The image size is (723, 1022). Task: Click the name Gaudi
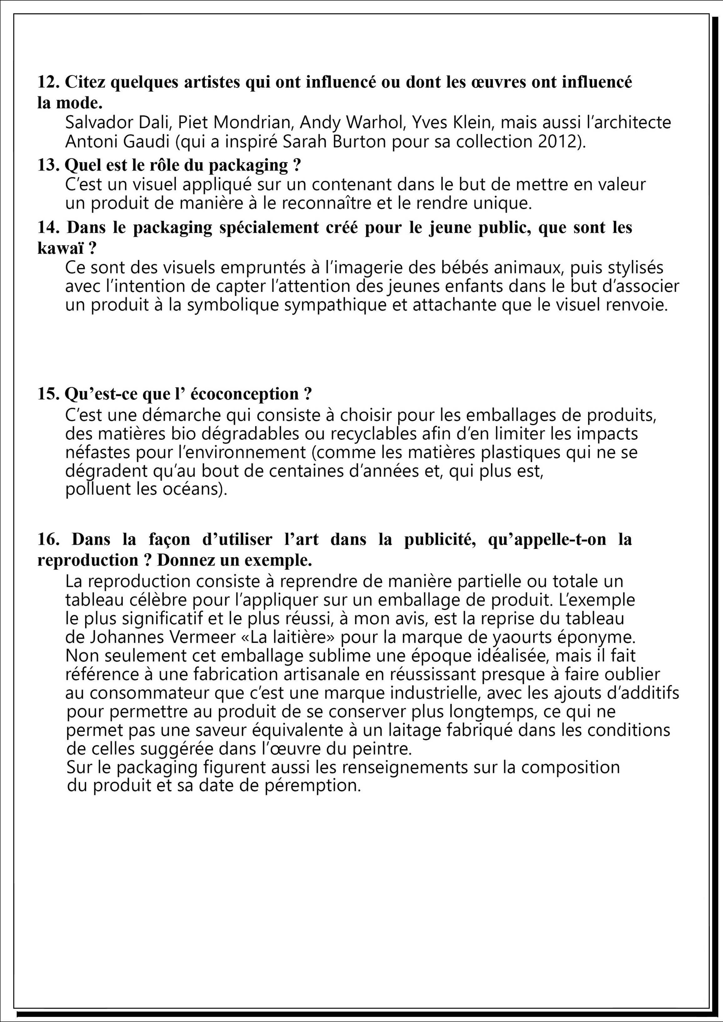click(143, 142)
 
